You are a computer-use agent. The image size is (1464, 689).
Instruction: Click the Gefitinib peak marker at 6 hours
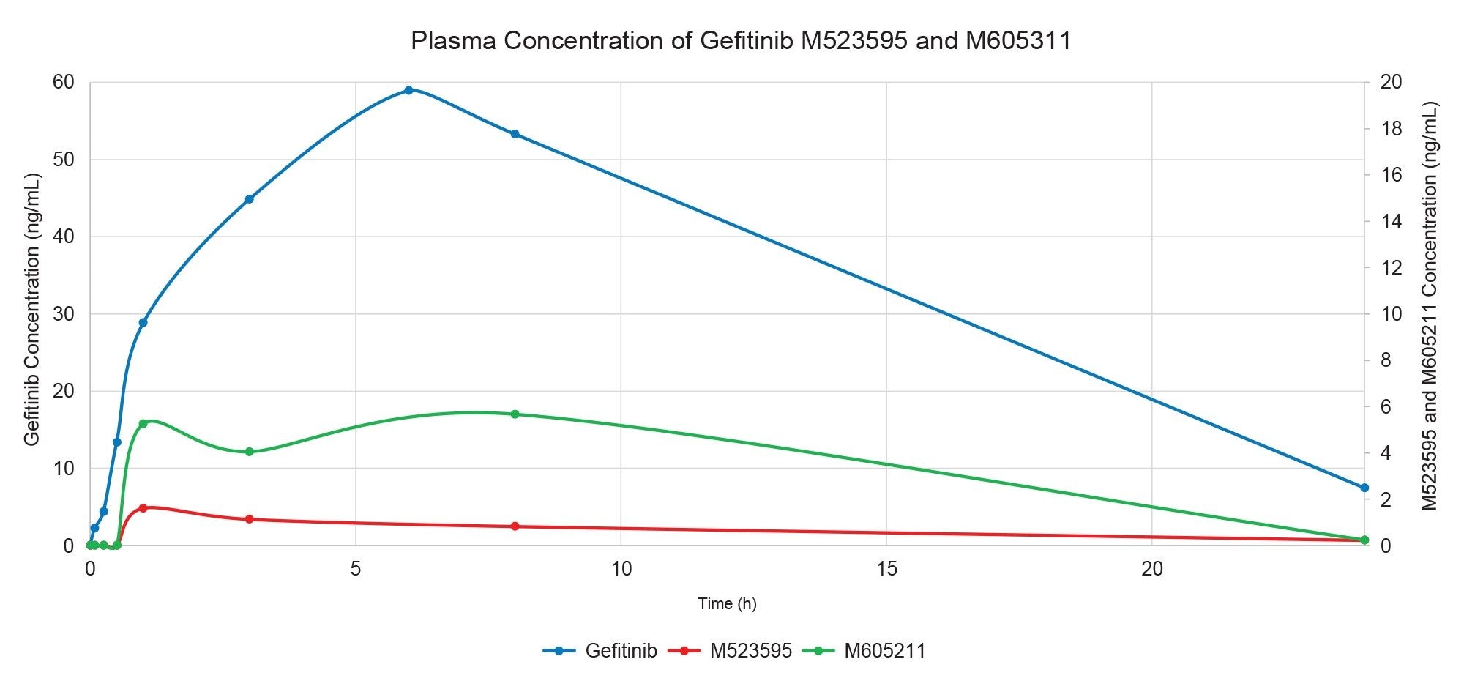pos(408,90)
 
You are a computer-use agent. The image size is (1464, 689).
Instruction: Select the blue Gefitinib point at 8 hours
pos(515,134)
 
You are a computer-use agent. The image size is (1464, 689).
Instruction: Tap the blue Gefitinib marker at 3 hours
pos(249,199)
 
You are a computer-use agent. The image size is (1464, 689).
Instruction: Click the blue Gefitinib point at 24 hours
pos(1364,488)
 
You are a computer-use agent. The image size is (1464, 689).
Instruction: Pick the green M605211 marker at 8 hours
pos(515,414)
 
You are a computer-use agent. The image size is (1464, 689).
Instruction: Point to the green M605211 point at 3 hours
pos(249,452)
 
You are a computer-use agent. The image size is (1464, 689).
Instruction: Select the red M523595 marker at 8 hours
pos(515,526)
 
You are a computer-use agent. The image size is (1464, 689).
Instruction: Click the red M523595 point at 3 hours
pos(249,519)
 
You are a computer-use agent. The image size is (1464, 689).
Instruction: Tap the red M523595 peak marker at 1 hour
pos(143,507)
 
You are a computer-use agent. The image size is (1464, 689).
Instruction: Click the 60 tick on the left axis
pos(64,82)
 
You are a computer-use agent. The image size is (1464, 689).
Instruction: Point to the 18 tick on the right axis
pos(1391,129)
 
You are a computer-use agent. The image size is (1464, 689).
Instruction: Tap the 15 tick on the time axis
pos(886,569)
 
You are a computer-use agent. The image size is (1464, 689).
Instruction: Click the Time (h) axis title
pos(726,604)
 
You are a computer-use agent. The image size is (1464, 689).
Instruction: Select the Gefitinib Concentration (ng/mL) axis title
pos(32,310)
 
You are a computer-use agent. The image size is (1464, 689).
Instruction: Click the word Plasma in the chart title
pos(452,40)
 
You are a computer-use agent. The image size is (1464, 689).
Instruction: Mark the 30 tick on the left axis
pos(64,314)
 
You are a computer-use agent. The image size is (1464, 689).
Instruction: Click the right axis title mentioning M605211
pos(1430,306)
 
